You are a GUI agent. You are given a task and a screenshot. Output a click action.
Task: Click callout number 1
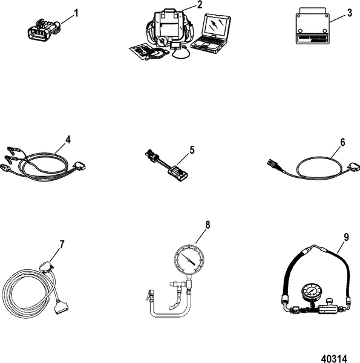(x=77, y=13)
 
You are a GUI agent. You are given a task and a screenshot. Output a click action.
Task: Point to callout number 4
(x=68, y=139)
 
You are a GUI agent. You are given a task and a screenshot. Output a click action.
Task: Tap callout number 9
(x=347, y=238)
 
